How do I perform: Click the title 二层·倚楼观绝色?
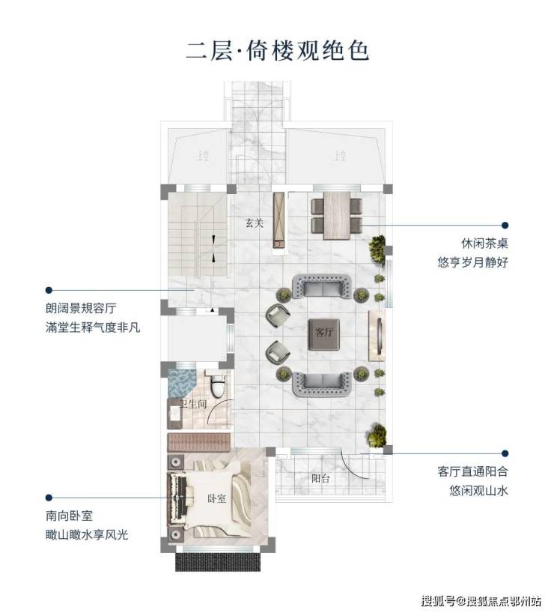(x=277, y=51)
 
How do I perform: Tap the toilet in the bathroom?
(x=218, y=385)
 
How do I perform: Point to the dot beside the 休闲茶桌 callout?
(x=505, y=225)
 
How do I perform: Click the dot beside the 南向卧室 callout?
(x=49, y=497)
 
